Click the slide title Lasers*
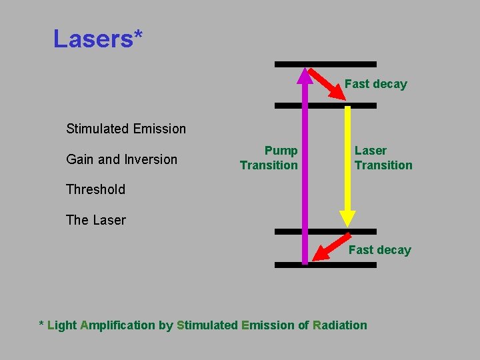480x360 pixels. click(97, 39)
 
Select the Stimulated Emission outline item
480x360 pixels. click(126, 129)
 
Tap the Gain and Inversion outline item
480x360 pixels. click(121, 159)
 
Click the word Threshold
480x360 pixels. click(95, 189)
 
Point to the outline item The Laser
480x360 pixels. click(95, 220)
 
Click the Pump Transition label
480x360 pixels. click(269, 158)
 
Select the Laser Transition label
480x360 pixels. click(383, 158)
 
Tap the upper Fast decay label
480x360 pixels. click(375, 84)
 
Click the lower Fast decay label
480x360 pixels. click(379, 250)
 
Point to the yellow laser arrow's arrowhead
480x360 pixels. click(347, 218)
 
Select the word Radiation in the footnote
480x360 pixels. click(339, 325)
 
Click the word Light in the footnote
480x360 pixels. click(62, 325)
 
